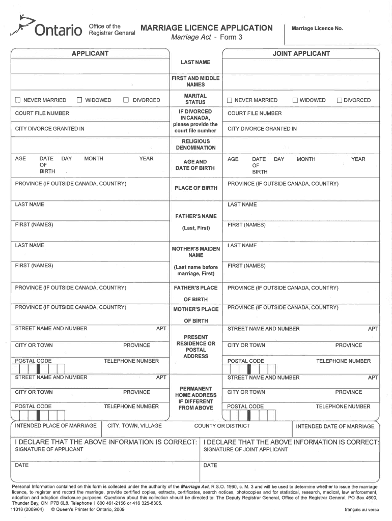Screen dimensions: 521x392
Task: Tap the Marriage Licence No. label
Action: pyautogui.click(x=317, y=28)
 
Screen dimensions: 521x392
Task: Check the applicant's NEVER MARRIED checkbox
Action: pyautogui.click(x=18, y=100)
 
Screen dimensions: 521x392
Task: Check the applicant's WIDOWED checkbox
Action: pyautogui.click(x=79, y=100)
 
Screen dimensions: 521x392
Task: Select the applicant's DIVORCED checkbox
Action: pyautogui.click(x=125, y=100)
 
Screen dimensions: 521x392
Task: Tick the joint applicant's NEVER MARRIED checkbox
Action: pyautogui.click(x=230, y=100)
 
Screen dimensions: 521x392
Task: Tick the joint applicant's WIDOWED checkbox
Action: pyautogui.click(x=295, y=100)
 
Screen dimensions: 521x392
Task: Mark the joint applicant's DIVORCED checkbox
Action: pyautogui.click(x=340, y=100)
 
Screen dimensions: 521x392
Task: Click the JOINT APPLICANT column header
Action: pyautogui.click(x=301, y=53)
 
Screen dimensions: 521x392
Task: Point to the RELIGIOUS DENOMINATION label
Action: pyautogui.click(x=195, y=144)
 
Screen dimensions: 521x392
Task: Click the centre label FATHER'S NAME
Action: pyautogui.click(x=195, y=216)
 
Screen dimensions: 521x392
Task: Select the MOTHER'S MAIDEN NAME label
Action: pyautogui.click(x=195, y=252)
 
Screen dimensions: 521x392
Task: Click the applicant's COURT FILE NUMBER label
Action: pyautogui.click(x=42, y=113)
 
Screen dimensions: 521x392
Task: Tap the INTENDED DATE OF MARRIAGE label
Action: pyautogui.click(x=334, y=426)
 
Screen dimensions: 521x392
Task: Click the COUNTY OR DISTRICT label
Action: pyautogui.click(x=222, y=426)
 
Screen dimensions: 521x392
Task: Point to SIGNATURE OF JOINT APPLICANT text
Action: pyautogui.click(x=245, y=449)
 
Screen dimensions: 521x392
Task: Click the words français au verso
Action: pyautogui.click(x=361, y=509)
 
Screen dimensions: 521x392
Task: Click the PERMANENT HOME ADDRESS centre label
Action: pyautogui.click(x=195, y=398)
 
